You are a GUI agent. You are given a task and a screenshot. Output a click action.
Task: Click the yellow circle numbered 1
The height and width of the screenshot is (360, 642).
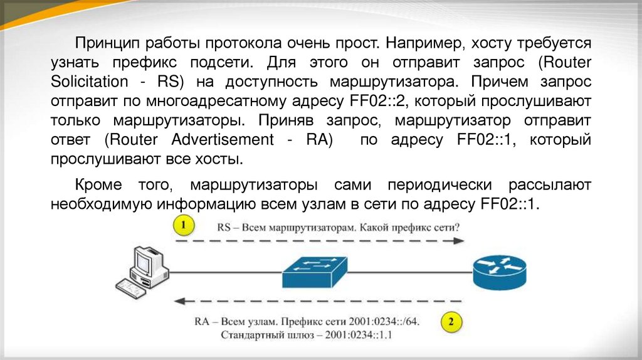pos(183,225)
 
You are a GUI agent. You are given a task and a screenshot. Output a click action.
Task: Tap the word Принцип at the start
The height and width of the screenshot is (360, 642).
pos(107,43)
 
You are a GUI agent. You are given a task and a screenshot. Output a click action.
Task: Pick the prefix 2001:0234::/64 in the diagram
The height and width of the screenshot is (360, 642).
pos(382,322)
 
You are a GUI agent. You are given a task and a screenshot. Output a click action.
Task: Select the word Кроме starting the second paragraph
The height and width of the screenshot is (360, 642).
pos(100,184)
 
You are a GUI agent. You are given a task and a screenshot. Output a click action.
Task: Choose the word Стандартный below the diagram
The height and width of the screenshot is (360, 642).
pos(252,335)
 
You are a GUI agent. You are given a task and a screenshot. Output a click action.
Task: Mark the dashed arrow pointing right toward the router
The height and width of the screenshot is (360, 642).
pos(320,241)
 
